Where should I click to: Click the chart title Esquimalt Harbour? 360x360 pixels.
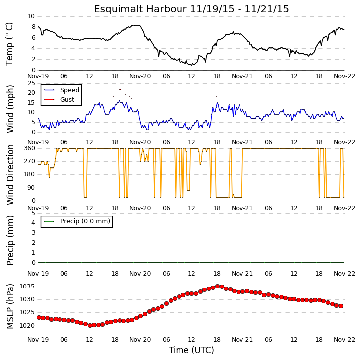(140, 9)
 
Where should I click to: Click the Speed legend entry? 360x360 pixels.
(61, 90)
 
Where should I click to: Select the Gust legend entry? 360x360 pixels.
(59, 99)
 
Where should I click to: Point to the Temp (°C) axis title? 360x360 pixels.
(9, 44)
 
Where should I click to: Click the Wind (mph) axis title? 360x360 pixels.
(10, 109)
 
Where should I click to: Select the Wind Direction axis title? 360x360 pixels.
(10, 175)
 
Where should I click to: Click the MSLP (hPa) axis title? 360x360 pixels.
(10, 306)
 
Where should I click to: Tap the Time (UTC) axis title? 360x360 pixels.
(191, 350)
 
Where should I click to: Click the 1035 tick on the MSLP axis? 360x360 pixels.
(27, 287)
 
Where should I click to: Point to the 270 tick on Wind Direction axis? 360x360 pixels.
(30, 161)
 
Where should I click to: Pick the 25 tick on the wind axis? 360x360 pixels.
(31, 83)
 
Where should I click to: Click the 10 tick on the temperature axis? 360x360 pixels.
(31, 16)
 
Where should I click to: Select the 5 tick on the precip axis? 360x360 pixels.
(33, 213)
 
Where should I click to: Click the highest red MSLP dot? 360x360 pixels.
(217, 286)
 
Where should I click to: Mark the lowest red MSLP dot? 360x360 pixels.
(90, 325)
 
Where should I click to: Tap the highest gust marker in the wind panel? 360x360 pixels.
(120, 89)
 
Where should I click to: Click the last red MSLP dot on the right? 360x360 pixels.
(341, 306)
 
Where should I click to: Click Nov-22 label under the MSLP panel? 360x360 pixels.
(344, 340)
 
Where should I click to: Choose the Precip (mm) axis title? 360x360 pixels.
(10, 240)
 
